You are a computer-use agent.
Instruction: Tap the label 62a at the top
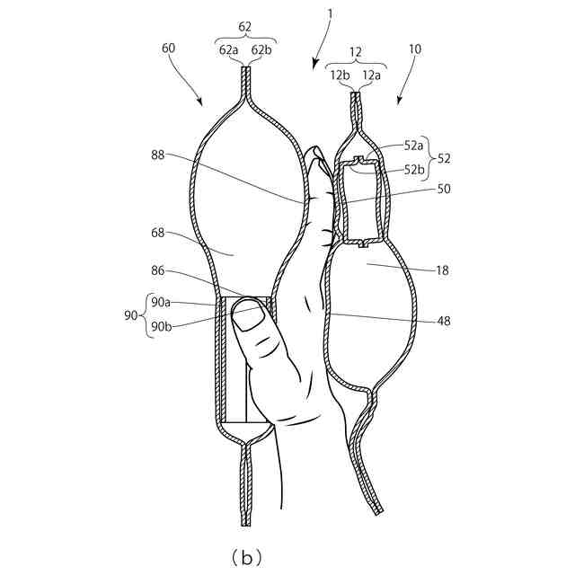pyautogui.click(x=228, y=51)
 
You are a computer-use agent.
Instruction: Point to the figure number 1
pyautogui.click(x=331, y=15)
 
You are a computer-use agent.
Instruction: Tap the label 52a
pyautogui.click(x=414, y=145)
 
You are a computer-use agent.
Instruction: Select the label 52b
pyautogui.click(x=414, y=170)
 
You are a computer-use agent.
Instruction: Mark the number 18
pyautogui.click(x=443, y=270)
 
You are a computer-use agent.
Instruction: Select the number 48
pyautogui.click(x=443, y=320)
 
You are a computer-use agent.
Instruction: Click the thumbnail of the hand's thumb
pyautogui.click(x=249, y=314)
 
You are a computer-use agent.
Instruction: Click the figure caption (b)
pyautogui.click(x=245, y=557)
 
